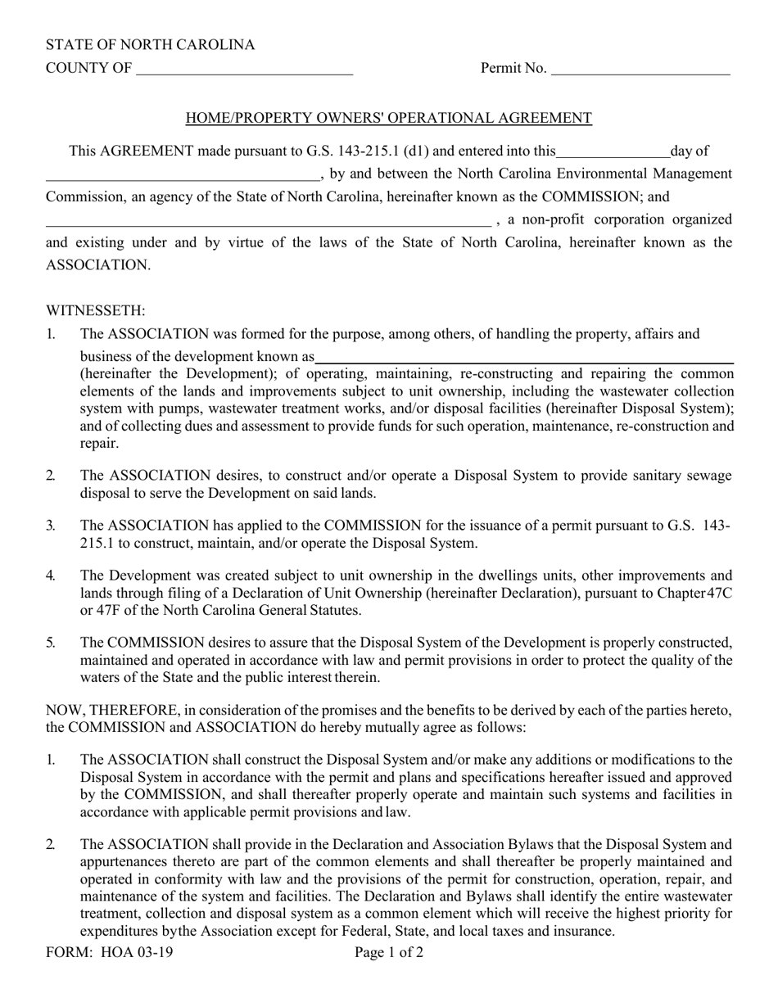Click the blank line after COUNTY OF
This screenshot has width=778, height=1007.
click(244, 69)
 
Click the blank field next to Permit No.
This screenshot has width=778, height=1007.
click(640, 69)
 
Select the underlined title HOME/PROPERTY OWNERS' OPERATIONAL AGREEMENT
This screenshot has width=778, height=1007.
click(388, 118)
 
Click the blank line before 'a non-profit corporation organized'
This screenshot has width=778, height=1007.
click(268, 219)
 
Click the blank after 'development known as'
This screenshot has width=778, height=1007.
click(524, 357)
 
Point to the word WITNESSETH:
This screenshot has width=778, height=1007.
click(96, 310)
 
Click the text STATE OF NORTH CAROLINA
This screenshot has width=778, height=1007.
click(150, 45)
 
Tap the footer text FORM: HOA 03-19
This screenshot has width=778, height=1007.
click(109, 952)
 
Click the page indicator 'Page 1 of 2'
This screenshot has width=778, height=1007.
click(389, 952)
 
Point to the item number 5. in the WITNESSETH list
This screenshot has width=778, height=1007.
click(51, 643)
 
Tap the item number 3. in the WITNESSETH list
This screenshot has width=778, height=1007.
click(51, 526)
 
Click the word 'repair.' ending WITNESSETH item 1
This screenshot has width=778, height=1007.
click(99, 444)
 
